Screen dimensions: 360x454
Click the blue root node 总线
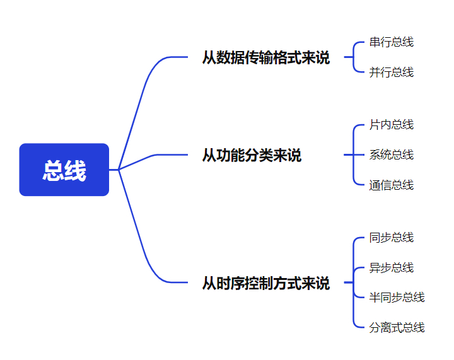click(x=64, y=170)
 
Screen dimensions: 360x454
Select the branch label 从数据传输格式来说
click(x=265, y=57)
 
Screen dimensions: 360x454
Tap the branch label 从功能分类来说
click(x=252, y=155)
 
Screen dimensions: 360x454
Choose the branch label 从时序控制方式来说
click(x=265, y=283)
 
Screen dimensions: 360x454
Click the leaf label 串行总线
click(x=392, y=42)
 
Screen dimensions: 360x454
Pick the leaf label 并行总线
click(x=392, y=73)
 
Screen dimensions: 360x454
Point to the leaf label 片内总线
click(x=392, y=125)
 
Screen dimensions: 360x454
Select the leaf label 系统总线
click(x=392, y=154)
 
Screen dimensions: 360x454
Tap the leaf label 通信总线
click(x=392, y=185)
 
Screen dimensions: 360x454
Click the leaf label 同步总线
click(x=392, y=238)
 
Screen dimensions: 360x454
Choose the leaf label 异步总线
click(x=392, y=268)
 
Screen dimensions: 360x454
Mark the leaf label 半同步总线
click(x=397, y=297)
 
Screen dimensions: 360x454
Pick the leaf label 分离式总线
click(x=397, y=327)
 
